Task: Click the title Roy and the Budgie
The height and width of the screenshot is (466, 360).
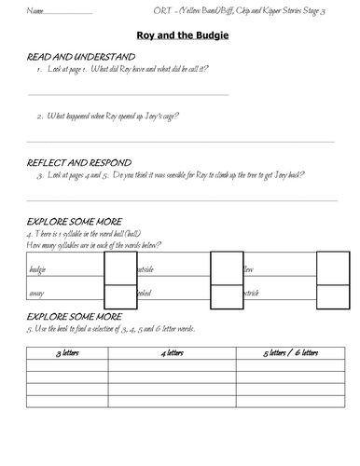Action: (x=179, y=35)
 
